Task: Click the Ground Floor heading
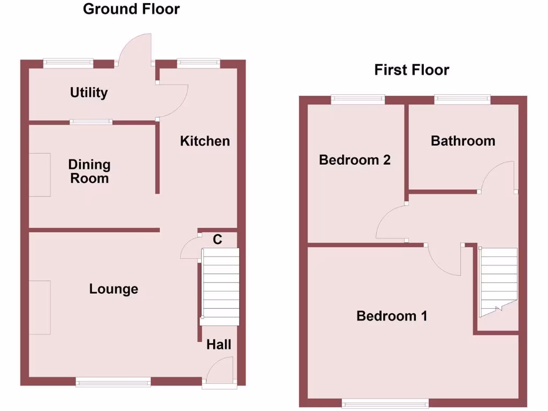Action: point(131,9)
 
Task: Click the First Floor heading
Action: point(412,70)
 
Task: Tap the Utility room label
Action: point(89,93)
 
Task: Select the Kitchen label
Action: point(205,141)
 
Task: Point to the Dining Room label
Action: point(89,171)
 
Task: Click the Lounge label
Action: point(113,289)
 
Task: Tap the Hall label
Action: point(219,344)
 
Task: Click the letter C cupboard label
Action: point(217,239)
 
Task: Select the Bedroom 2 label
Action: point(355,159)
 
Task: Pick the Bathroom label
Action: point(463,141)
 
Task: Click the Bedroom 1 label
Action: point(392,316)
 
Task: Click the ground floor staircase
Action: point(220,286)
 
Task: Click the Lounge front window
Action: point(113,381)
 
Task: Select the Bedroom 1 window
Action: point(385,402)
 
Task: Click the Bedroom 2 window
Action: point(357,99)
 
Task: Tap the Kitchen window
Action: point(199,63)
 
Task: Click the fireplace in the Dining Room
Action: point(40,174)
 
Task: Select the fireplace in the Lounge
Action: point(40,307)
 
